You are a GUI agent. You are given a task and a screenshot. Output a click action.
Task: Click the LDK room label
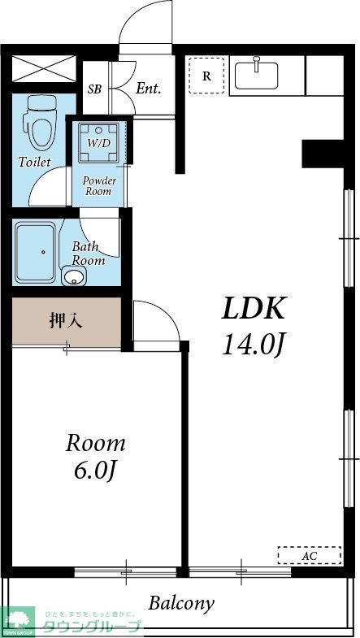coord(254,309)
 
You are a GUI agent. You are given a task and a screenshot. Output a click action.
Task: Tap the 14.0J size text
coord(254,345)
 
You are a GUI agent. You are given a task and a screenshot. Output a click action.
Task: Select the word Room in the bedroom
coord(96,444)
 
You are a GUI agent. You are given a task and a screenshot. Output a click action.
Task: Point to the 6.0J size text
coord(96,471)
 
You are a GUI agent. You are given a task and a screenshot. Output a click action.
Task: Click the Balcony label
coord(180,603)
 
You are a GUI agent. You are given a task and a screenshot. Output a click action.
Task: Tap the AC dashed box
coord(309,555)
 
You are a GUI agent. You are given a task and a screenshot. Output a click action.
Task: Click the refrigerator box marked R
coord(206,76)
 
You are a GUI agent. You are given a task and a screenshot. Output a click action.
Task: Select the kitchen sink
coord(257,75)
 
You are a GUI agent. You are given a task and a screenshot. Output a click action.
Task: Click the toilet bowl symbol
coord(38,121)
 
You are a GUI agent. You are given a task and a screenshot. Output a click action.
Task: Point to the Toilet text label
coord(34,162)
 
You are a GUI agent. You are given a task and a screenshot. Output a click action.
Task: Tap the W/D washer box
coord(99,142)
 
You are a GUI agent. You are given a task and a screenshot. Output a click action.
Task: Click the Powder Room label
coord(99,185)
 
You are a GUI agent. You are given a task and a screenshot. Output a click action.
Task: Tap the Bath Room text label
coord(88,253)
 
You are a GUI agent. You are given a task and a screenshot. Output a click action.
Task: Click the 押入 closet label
coord(65,320)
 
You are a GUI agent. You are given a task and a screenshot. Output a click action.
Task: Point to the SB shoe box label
coord(94,89)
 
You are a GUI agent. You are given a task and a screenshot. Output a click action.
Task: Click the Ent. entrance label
coord(148,89)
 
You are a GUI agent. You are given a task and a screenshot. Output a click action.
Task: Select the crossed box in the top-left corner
coord(45,68)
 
